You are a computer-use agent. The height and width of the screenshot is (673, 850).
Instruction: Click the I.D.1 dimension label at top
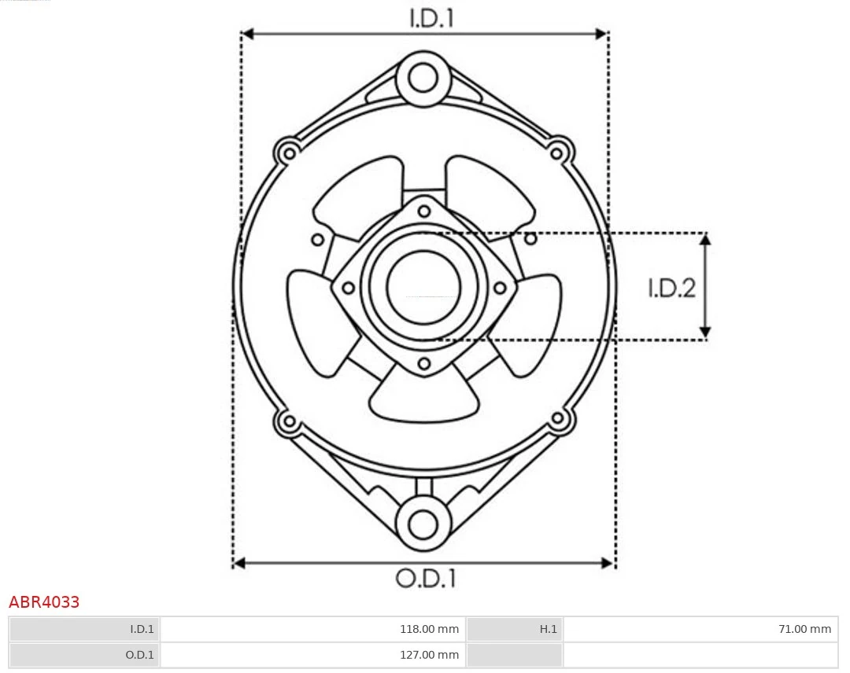pos(431,18)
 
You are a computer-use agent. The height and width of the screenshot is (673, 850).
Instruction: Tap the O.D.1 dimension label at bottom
pos(425,579)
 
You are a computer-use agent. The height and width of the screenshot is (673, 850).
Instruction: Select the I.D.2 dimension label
pos(671,289)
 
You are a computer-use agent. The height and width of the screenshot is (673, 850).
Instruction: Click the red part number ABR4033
pos(44,602)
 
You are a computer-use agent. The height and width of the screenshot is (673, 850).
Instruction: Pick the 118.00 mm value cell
pos(428,629)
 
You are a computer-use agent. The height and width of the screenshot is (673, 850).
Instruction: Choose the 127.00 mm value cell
pos(428,654)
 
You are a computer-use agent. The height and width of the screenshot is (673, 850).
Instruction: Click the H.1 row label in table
pos(549,629)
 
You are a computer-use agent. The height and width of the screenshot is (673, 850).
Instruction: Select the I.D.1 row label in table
pos(142,629)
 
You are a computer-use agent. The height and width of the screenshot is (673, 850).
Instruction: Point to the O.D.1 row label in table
pos(140,654)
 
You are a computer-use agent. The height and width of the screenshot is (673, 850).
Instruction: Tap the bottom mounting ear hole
pos(423,523)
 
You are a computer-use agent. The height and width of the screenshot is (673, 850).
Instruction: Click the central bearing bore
pos(423,286)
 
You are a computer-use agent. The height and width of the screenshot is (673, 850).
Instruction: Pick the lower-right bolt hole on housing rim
pos(558,419)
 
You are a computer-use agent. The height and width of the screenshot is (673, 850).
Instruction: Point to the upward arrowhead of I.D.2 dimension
pos(706,239)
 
